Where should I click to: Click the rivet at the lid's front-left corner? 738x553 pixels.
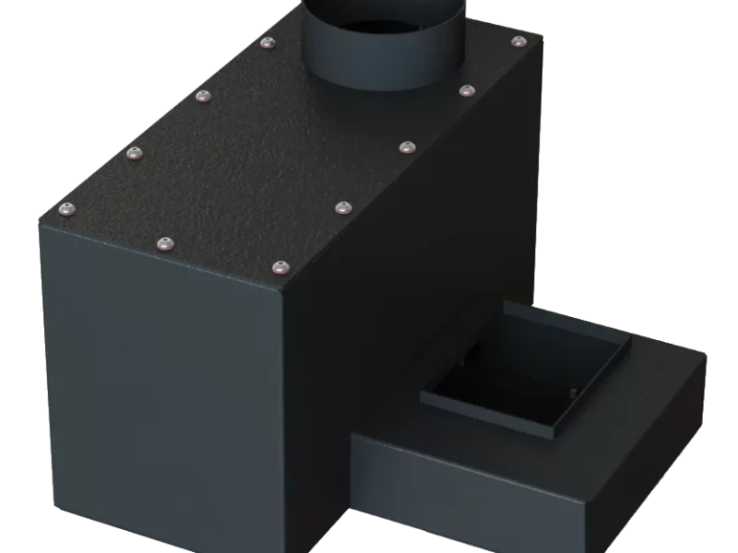[66, 209]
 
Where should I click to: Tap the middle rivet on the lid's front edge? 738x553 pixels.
[164, 243]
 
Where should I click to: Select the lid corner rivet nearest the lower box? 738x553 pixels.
[279, 267]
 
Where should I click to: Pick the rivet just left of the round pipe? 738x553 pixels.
[268, 42]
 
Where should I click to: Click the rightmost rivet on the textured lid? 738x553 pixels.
[518, 42]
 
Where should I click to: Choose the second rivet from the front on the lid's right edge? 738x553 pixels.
[342, 206]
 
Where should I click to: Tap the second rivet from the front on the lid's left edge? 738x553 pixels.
[137, 153]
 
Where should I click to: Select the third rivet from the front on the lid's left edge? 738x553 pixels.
[204, 95]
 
